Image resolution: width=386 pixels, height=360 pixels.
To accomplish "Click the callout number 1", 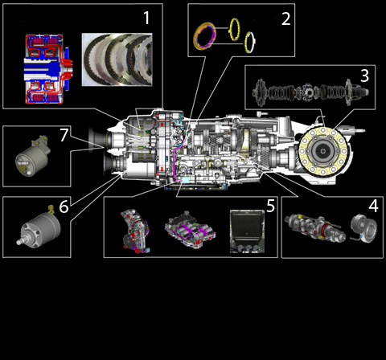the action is (146, 18).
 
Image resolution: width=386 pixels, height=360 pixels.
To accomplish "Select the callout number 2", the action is (285, 18).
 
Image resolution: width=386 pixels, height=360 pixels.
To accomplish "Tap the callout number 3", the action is (364, 76).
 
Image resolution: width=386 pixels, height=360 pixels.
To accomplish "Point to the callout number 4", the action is (373, 206).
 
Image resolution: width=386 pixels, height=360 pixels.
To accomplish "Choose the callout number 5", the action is (270, 206).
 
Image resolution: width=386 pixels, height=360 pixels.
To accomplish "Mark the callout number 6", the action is (64, 207).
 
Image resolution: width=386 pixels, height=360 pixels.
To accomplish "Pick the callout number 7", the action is (64, 135).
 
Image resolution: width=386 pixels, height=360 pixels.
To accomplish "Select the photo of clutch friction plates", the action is (117, 59).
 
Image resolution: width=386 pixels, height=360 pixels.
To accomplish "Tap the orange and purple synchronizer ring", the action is (204, 36).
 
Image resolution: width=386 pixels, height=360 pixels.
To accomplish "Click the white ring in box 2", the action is (250, 43).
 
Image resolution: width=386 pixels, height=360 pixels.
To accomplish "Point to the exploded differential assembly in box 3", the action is (310, 92).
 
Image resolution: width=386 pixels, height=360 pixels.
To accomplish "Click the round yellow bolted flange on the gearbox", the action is (323, 151).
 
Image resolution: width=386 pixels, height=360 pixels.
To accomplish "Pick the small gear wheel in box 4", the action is (364, 229).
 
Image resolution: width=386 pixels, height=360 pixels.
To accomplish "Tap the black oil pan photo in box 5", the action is (247, 231).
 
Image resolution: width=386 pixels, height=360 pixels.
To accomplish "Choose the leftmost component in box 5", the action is (135, 231).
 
